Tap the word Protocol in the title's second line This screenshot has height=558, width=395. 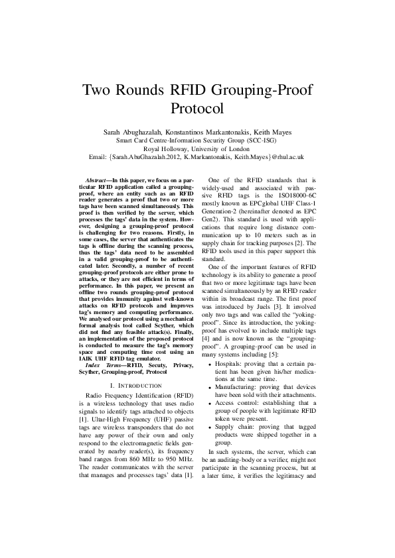click(197, 108)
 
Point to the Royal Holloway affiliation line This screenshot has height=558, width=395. click(197, 149)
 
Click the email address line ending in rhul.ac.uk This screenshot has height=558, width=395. click(197, 158)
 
